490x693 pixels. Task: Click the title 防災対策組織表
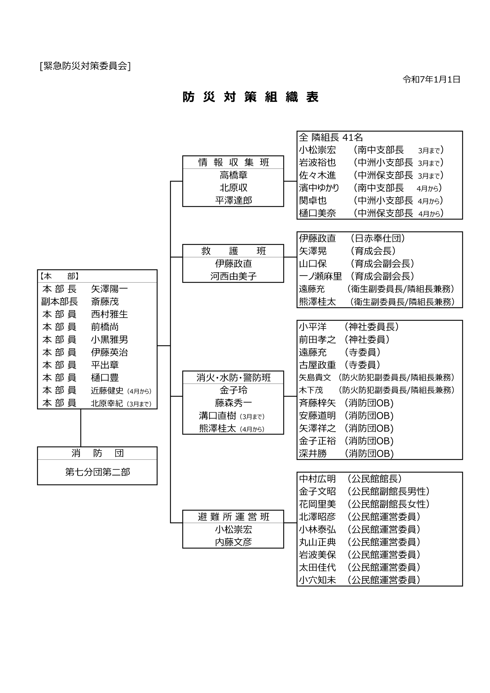click(250, 97)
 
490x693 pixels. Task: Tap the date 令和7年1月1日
click(431, 79)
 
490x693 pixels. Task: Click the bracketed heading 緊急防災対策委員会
click(85, 66)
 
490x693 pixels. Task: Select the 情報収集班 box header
click(233, 162)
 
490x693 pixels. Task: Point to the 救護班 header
click(233, 251)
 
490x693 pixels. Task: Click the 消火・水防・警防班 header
click(233, 378)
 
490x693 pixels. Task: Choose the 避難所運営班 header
click(233, 517)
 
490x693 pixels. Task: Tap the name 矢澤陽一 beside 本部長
click(109, 289)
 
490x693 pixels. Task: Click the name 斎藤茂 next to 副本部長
click(105, 302)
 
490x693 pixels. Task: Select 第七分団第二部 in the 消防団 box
click(97, 472)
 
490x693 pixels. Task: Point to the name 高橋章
click(233, 175)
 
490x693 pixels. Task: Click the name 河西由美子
click(233, 276)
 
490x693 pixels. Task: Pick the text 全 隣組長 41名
click(331, 138)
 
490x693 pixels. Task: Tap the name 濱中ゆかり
click(319, 188)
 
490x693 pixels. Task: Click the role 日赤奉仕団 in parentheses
click(377, 238)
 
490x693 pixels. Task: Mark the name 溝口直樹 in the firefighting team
click(217, 416)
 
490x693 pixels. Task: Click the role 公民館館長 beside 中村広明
click(374, 479)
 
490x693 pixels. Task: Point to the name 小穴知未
click(317, 580)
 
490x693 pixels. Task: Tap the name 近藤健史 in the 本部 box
click(107, 391)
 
